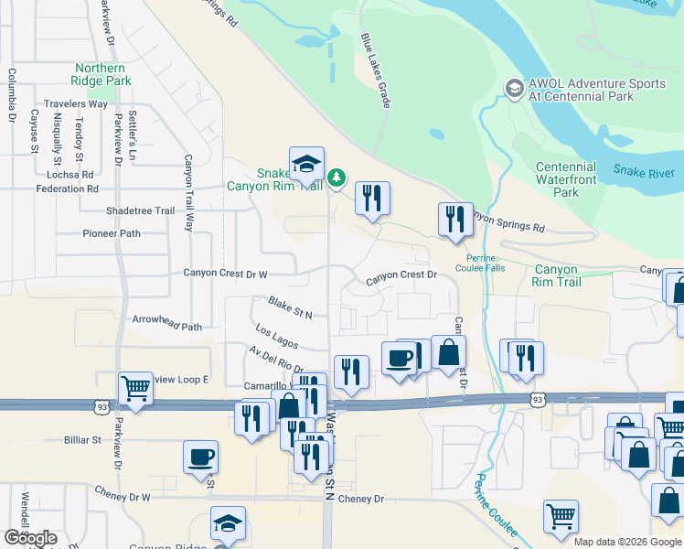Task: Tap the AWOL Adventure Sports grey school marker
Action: point(512,88)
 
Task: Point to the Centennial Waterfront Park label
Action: point(566,179)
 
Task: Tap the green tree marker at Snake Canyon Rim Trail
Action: point(337,176)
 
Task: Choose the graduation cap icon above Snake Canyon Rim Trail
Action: point(306,165)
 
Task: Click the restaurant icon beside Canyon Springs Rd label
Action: point(455,220)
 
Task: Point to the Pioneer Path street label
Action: point(111,233)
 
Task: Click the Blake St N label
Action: point(289,307)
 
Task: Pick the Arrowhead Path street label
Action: point(166,326)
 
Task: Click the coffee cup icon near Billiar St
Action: point(200,457)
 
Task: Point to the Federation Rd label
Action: point(67,188)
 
